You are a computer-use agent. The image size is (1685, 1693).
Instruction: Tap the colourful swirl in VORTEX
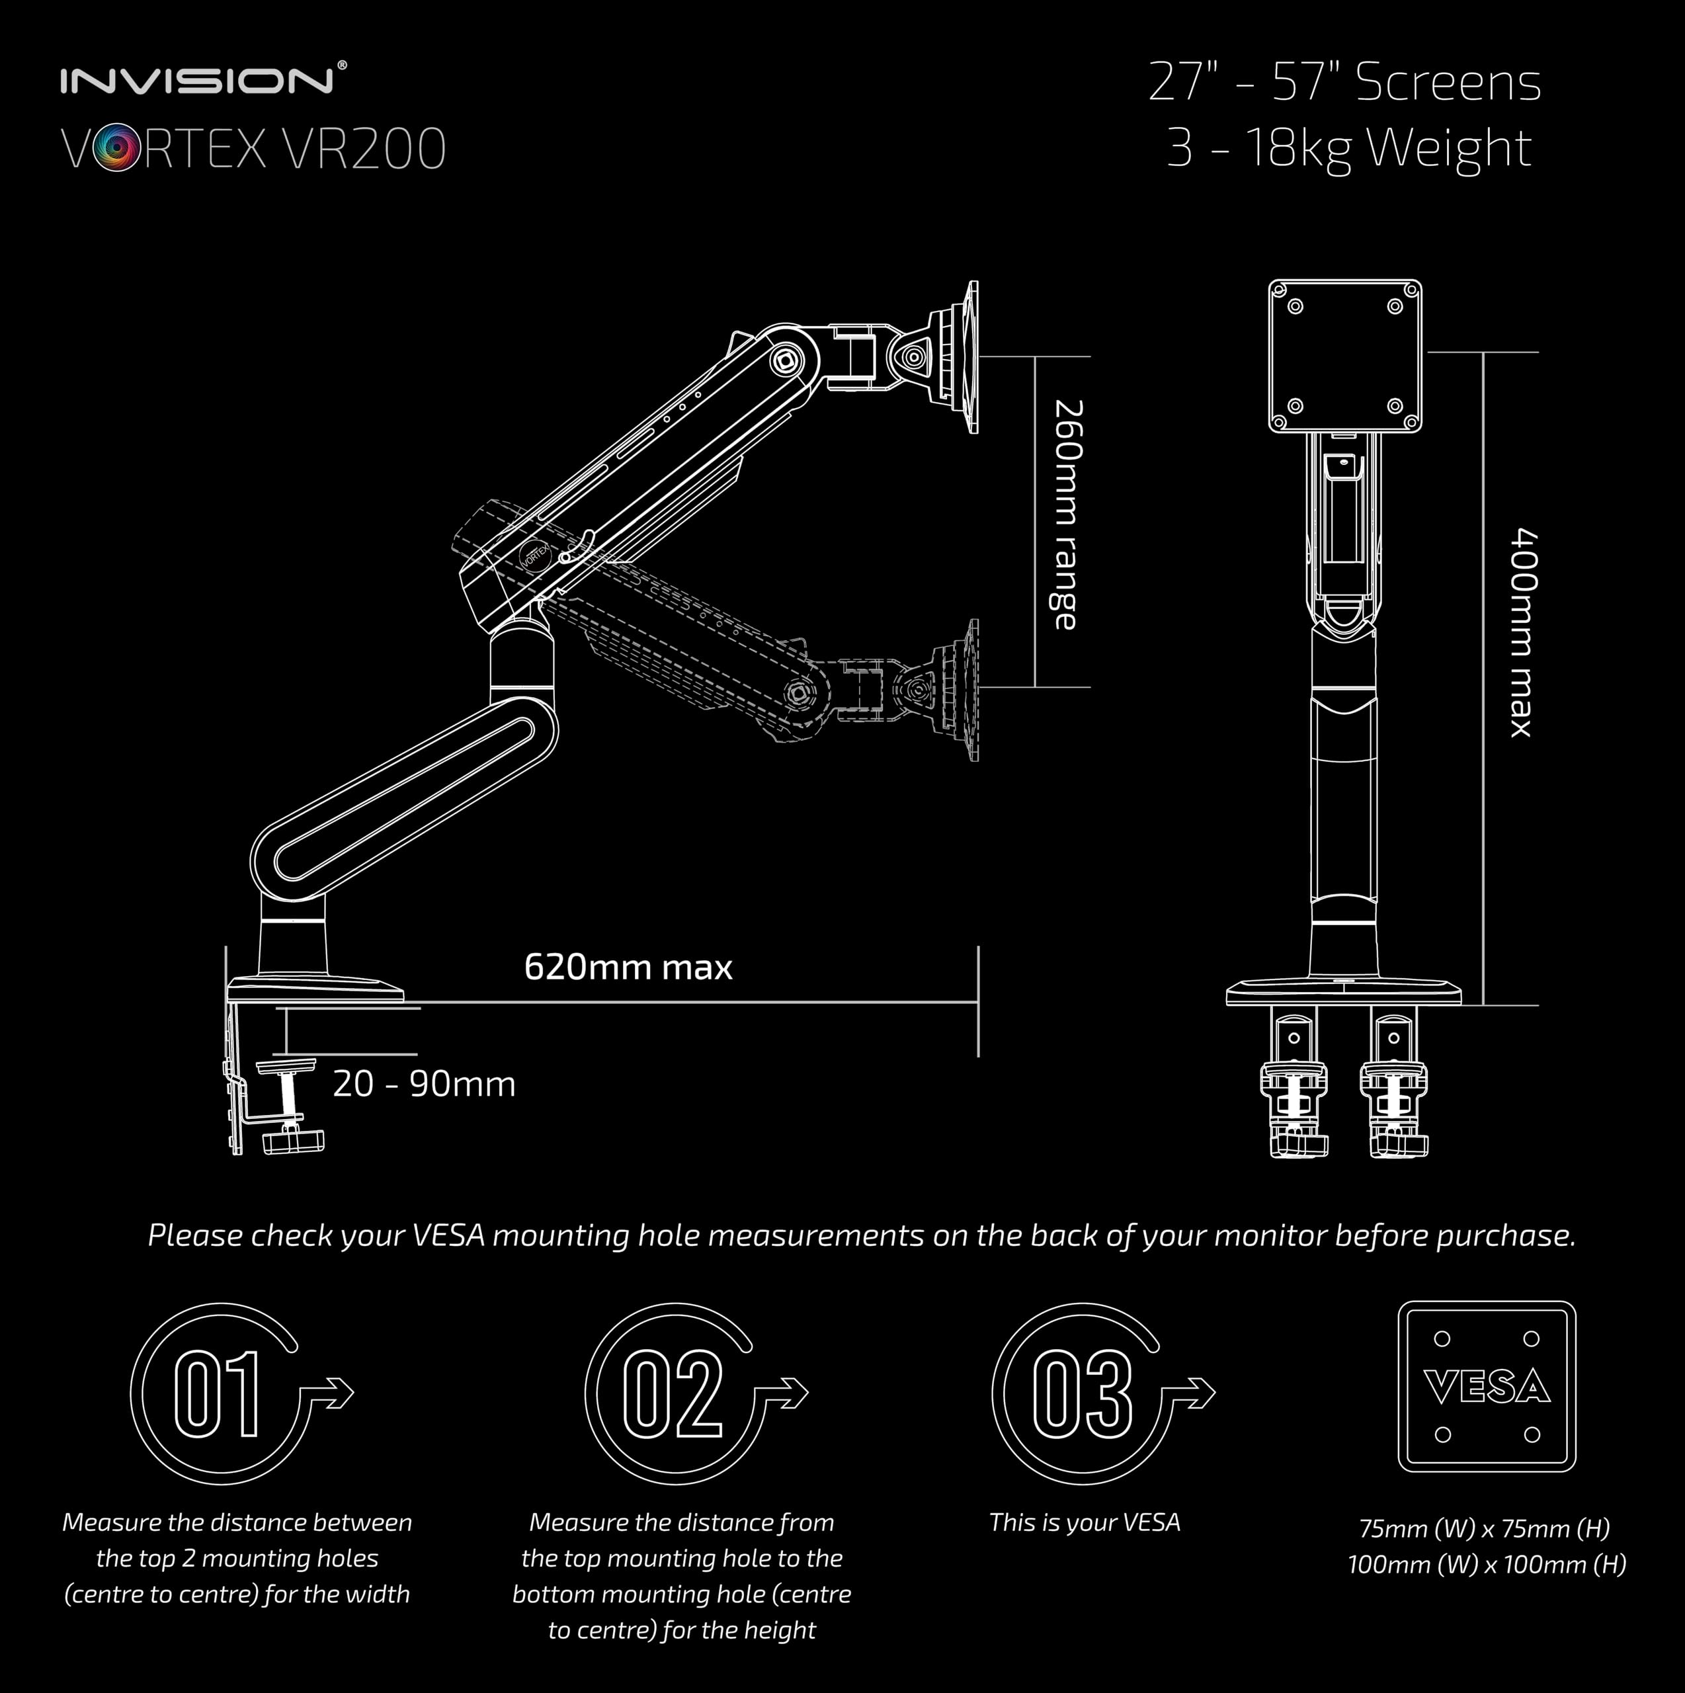[116, 148]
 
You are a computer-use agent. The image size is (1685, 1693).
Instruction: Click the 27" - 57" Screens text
[1344, 83]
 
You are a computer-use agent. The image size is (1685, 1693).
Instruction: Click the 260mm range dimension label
[1067, 515]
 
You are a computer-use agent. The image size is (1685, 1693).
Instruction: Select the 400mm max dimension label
[1523, 632]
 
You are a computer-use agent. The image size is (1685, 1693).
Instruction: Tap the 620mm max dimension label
[628, 967]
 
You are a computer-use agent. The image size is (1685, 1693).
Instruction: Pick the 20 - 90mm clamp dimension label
[424, 1084]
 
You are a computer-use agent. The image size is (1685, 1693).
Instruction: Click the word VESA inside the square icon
[1487, 1386]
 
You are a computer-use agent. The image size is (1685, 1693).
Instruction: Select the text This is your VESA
[1085, 1522]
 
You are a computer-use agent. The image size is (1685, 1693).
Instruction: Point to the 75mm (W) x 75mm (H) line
[1485, 1529]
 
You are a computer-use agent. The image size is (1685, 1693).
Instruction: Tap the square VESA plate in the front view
[1345, 356]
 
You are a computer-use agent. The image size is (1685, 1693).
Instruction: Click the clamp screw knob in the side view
[294, 1142]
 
